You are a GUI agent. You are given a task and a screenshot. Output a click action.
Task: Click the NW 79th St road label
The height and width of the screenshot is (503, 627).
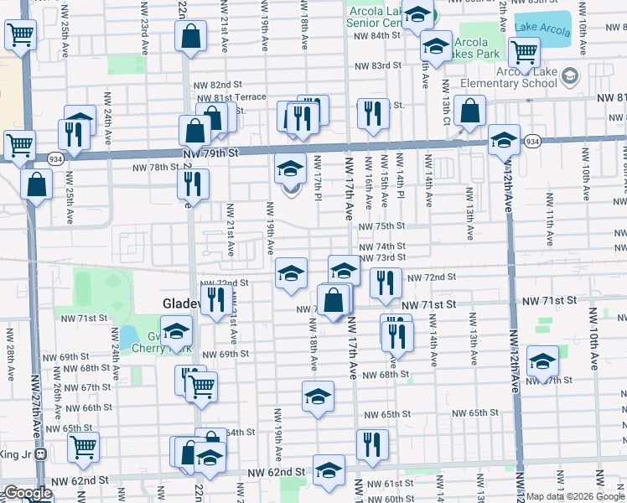click(x=211, y=153)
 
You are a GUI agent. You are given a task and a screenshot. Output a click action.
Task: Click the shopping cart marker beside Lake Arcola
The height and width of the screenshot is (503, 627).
click(x=525, y=52)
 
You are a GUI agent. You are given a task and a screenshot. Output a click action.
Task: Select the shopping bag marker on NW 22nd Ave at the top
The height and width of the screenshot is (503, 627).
click(x=192, y=36)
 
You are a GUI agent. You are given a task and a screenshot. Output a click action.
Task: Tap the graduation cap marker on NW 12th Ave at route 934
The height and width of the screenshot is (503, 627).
click(x=505, y=139)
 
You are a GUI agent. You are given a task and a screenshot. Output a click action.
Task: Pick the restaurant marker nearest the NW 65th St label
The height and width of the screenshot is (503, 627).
click(x=371, y=444)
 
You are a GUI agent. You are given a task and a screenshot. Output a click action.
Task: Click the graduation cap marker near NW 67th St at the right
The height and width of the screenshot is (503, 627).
click(x=542, y=361)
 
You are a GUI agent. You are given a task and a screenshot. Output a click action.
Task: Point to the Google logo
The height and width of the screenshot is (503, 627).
click(x=28, y=493)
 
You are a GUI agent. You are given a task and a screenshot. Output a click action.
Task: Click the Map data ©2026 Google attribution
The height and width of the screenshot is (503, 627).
click(x=576, y=496)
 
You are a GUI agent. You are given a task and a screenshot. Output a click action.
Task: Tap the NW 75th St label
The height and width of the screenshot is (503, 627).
click(x=382, y=226)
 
